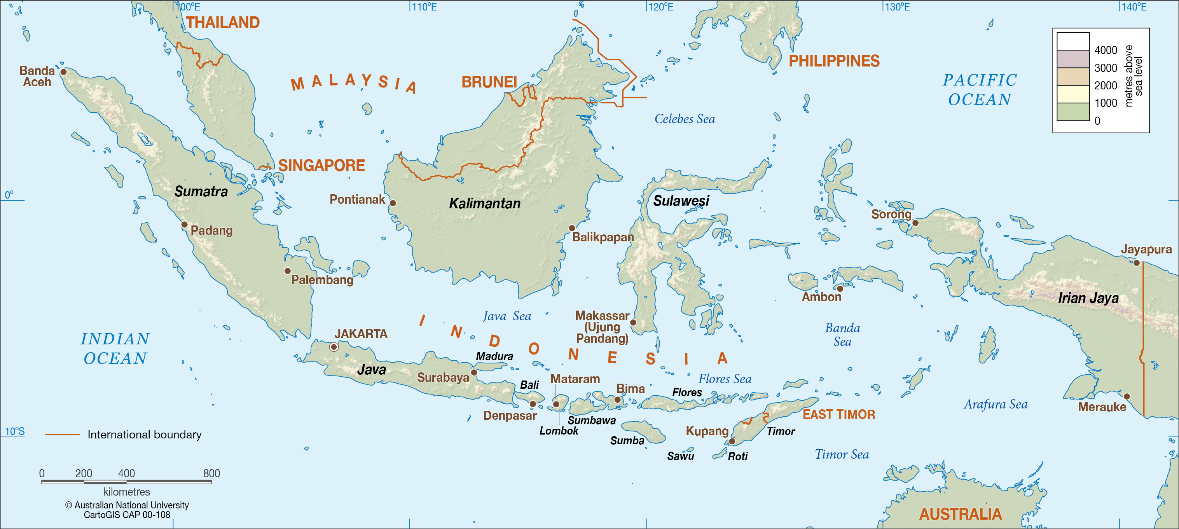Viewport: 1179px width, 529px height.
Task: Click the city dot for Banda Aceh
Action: point(64,72)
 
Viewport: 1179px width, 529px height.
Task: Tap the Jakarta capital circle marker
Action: point(334,347)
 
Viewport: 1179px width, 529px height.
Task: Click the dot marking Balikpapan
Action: point(572,228)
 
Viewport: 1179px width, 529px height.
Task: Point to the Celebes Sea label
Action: point(684,119)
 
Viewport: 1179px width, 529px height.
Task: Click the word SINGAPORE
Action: point(321,165)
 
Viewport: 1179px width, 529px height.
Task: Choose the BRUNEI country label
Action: point(489,82)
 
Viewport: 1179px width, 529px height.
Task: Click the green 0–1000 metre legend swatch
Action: point(1073,112)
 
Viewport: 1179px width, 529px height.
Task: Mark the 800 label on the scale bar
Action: point(211,473)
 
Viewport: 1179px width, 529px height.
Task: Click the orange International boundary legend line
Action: point(62,434)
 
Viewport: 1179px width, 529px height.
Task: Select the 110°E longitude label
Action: point(424,7)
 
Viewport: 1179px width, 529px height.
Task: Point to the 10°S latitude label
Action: point(15,431)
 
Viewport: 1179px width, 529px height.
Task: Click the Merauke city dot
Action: point(1127,396)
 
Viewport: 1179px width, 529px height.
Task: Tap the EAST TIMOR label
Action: point(838,415)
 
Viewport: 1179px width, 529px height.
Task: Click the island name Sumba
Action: point(627,441)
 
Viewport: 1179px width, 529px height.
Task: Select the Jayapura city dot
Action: point(1137,263)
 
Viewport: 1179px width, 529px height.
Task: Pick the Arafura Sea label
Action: point(996,405)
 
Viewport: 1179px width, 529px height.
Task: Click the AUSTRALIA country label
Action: point(960,514)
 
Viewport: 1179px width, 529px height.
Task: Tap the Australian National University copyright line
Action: point(127,505)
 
